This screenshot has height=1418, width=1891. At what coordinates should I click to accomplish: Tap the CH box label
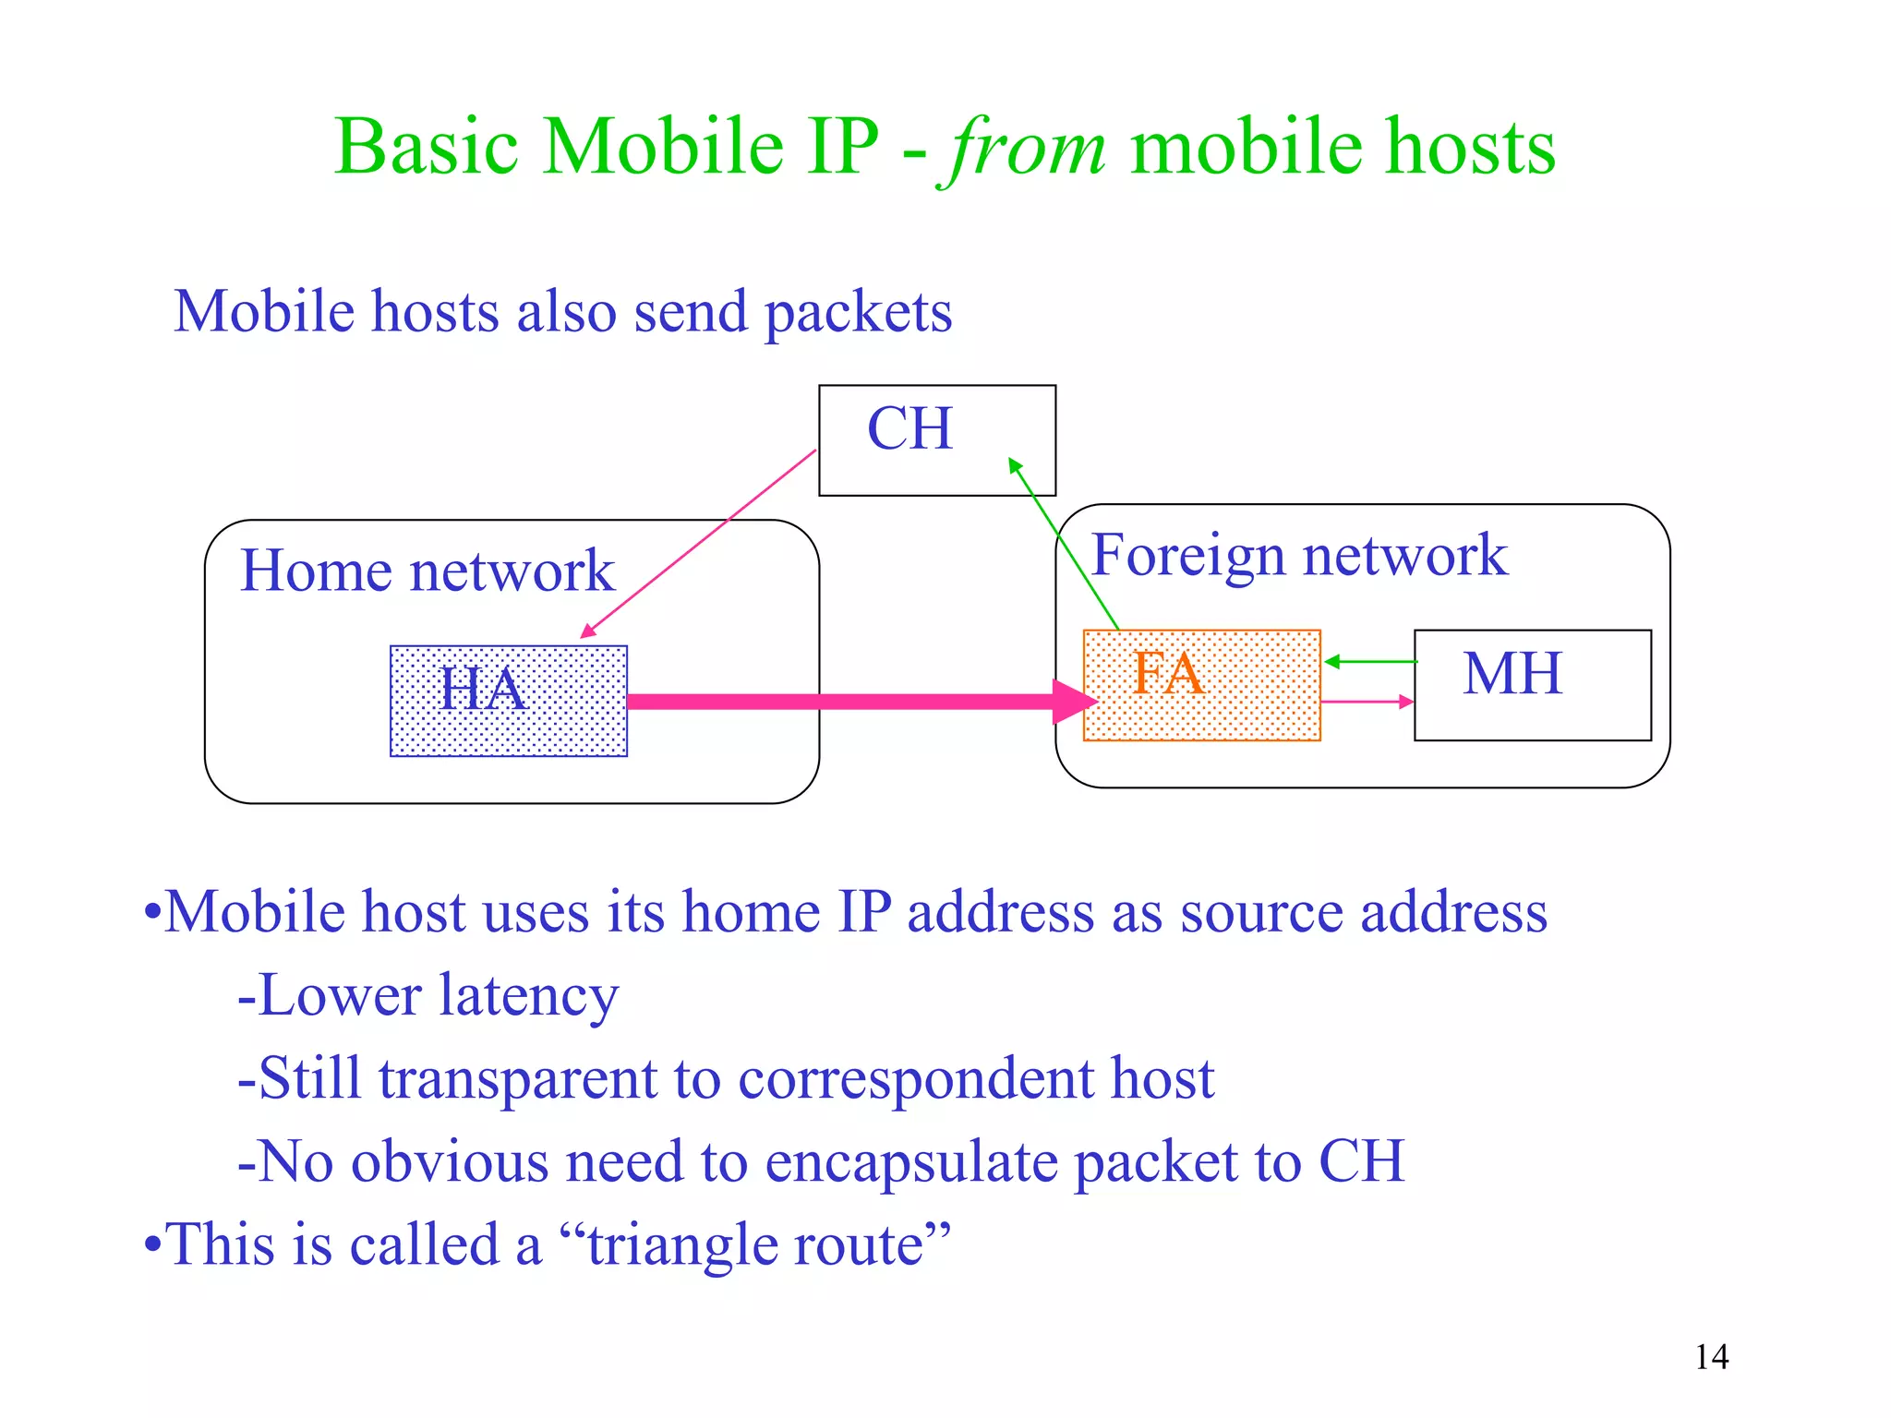pos(909,429)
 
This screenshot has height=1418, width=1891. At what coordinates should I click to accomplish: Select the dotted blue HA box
pos(509,702)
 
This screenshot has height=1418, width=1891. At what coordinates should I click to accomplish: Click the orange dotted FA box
pos(1201,685)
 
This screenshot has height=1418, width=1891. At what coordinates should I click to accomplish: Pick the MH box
pos(1532,685)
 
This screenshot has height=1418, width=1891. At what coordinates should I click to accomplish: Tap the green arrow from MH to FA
pos(1371,662)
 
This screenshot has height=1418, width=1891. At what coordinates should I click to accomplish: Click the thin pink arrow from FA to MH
pos(1367,703)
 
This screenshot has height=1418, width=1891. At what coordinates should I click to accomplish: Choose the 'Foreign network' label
pos(1298,556)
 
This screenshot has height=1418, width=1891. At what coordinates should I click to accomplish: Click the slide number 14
pos(1711,1357)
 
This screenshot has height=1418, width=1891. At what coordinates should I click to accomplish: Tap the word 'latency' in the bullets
pos(528,997)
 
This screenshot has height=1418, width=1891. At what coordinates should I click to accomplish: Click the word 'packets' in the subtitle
pos(858,312)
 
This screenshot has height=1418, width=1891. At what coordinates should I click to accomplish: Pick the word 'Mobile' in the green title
pos(662,148)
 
